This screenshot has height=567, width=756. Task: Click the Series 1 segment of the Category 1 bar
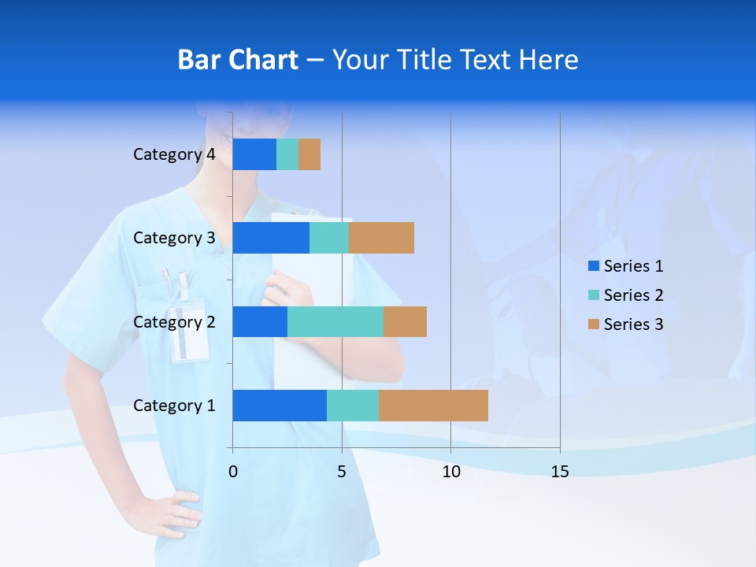(x=280, y=406)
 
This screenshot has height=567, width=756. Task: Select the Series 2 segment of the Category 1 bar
(x=353, y=406)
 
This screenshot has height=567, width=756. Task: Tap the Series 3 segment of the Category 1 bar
(x=433, y=406)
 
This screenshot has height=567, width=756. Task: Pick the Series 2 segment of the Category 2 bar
(x=335, y=321)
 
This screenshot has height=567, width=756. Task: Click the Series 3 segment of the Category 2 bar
(x=405, y=321)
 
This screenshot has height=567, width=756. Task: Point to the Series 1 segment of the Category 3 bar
(x=271, y=238)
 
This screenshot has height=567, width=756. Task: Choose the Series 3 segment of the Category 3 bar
(x=381, y=238)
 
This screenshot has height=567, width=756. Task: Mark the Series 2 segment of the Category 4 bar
(x=287, y=154)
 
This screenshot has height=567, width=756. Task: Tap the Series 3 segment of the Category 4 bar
(x=309, y=154)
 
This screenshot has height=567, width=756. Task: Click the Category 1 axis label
(x=174, y=406)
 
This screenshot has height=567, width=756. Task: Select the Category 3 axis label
(x=174, y=238)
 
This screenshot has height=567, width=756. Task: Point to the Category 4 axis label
(x=174, y=154)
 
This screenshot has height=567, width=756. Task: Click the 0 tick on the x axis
(x=233, y=472)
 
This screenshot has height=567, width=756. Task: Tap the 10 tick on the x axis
(x=450, y=472)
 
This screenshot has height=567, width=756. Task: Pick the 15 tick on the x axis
(x=560, y=472)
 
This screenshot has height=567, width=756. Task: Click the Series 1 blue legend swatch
(x=593, y=266)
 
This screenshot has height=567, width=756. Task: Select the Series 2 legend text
(x=633, y=295)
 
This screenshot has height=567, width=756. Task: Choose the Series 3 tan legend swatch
(x=593, y=324)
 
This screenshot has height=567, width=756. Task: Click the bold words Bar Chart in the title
(x=238, y=60)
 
